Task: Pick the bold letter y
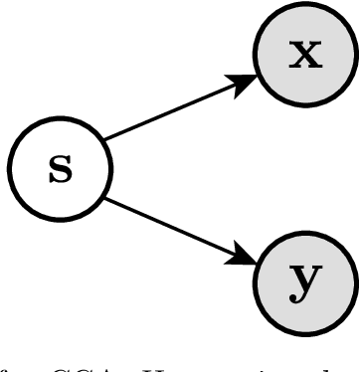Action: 304,283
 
